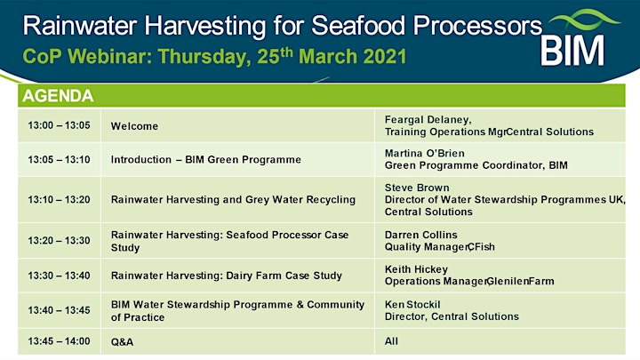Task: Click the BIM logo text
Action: pyautogui.click(x=572, y=50)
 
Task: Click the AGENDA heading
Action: pyautogui.click(x=58, y=96)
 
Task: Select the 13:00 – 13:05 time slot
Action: pyautogui.click(x=60, y=125)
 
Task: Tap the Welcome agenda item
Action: pyautogui.click(x=134, y=126)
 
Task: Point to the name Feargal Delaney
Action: pyautogui.click(x=428, y=120)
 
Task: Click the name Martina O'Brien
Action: pyautogui.click(x=425, y=153)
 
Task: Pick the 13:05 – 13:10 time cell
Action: pyautogui.click(x=60, y=159)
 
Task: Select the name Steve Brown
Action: pyautogui.click(x=417, y=188)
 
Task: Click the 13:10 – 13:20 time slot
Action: pyautogui.click(x=60, y=200)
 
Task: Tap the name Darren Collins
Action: pyautogui.click(x=420, y=235)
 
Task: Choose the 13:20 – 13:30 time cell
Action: pyautogui.click(x=60, y=240)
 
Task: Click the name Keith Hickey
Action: pyautogui.click(x=416, y=269)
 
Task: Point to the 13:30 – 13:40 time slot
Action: pyautogui.click(x=60, y=276)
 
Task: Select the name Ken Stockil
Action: pyautogui.click(x=412, y=305)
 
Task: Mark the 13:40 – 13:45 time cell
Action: pyautogui.click(x=60, y=310)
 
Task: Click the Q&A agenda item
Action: pyautogui.click(x=122, y=341)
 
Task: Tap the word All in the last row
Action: pyautogui.click(x=391, y=341)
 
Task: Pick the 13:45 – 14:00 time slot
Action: pyautogui.click(x=60, y=341)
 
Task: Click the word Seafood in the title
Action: pyautogui.click(x=358, y=26)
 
